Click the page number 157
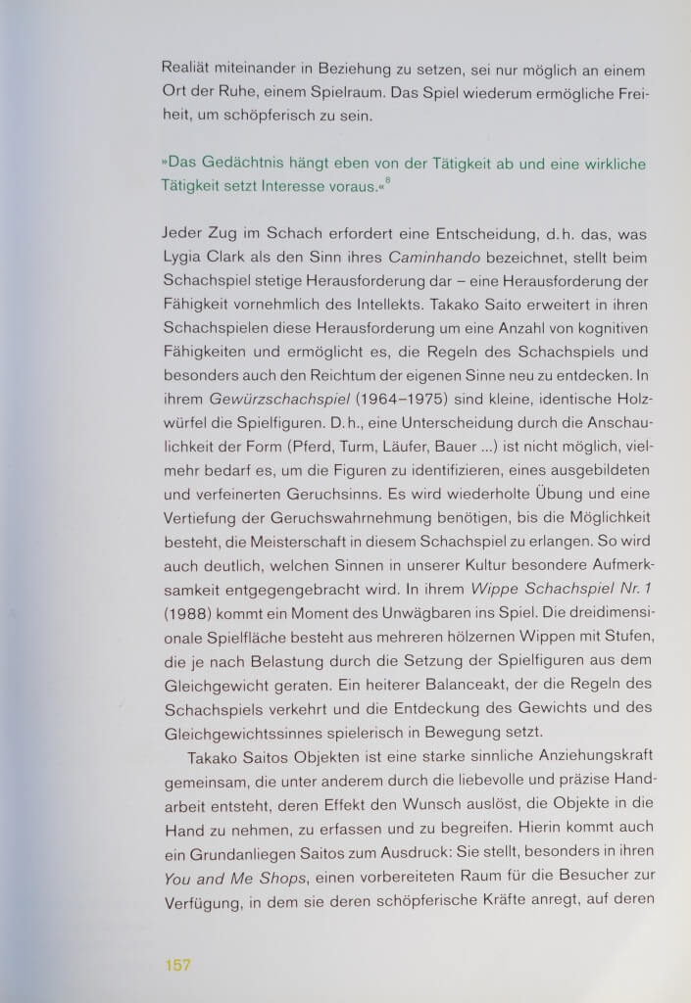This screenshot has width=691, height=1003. pos(176,965)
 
